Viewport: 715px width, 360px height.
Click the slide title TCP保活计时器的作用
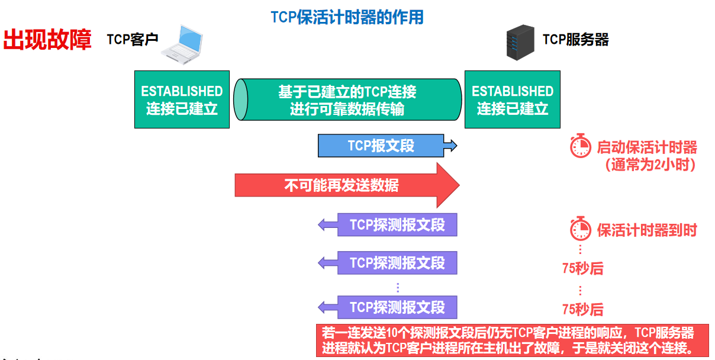coord(347,17)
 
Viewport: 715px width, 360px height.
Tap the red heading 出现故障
coord(47,40)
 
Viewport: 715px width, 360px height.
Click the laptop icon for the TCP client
coord(183,44)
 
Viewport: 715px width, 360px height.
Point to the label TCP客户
coord(133,40)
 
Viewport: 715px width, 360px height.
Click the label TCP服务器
coord(575,40)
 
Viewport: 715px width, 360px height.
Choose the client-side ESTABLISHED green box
coord(182,99)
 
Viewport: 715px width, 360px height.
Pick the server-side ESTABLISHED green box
coord(512,99)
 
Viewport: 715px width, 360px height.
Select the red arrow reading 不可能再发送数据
coord(347,185)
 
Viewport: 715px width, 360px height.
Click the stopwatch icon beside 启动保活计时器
coord(581,146)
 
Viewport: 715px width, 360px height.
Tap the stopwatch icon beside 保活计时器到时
coord(581,229)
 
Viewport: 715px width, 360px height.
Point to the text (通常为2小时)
coord(649,165)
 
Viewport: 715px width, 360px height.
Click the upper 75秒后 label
coord(582,268)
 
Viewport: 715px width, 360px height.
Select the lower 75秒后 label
coord(582,309)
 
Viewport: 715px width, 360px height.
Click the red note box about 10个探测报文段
coord(507,340)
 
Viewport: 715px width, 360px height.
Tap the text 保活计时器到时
coord(646,230)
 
